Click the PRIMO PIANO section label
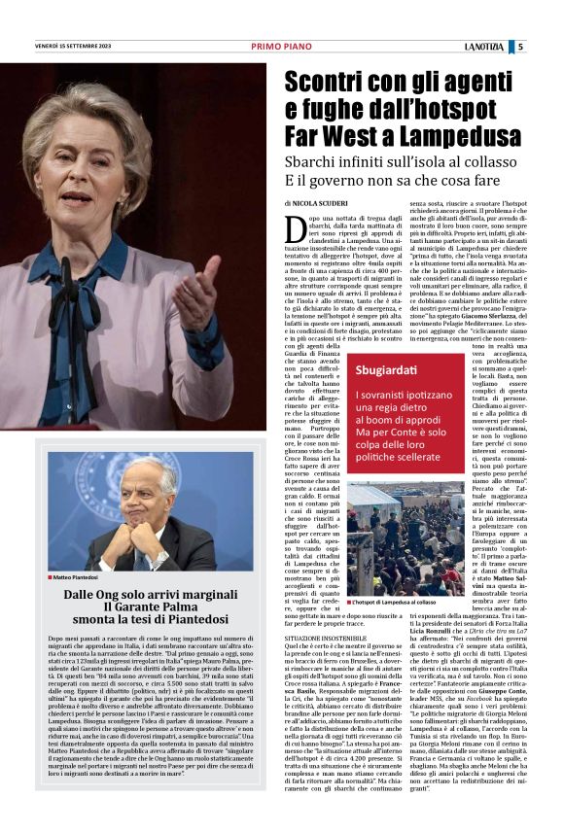281,47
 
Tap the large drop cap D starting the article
298,230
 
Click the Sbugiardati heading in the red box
387,370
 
